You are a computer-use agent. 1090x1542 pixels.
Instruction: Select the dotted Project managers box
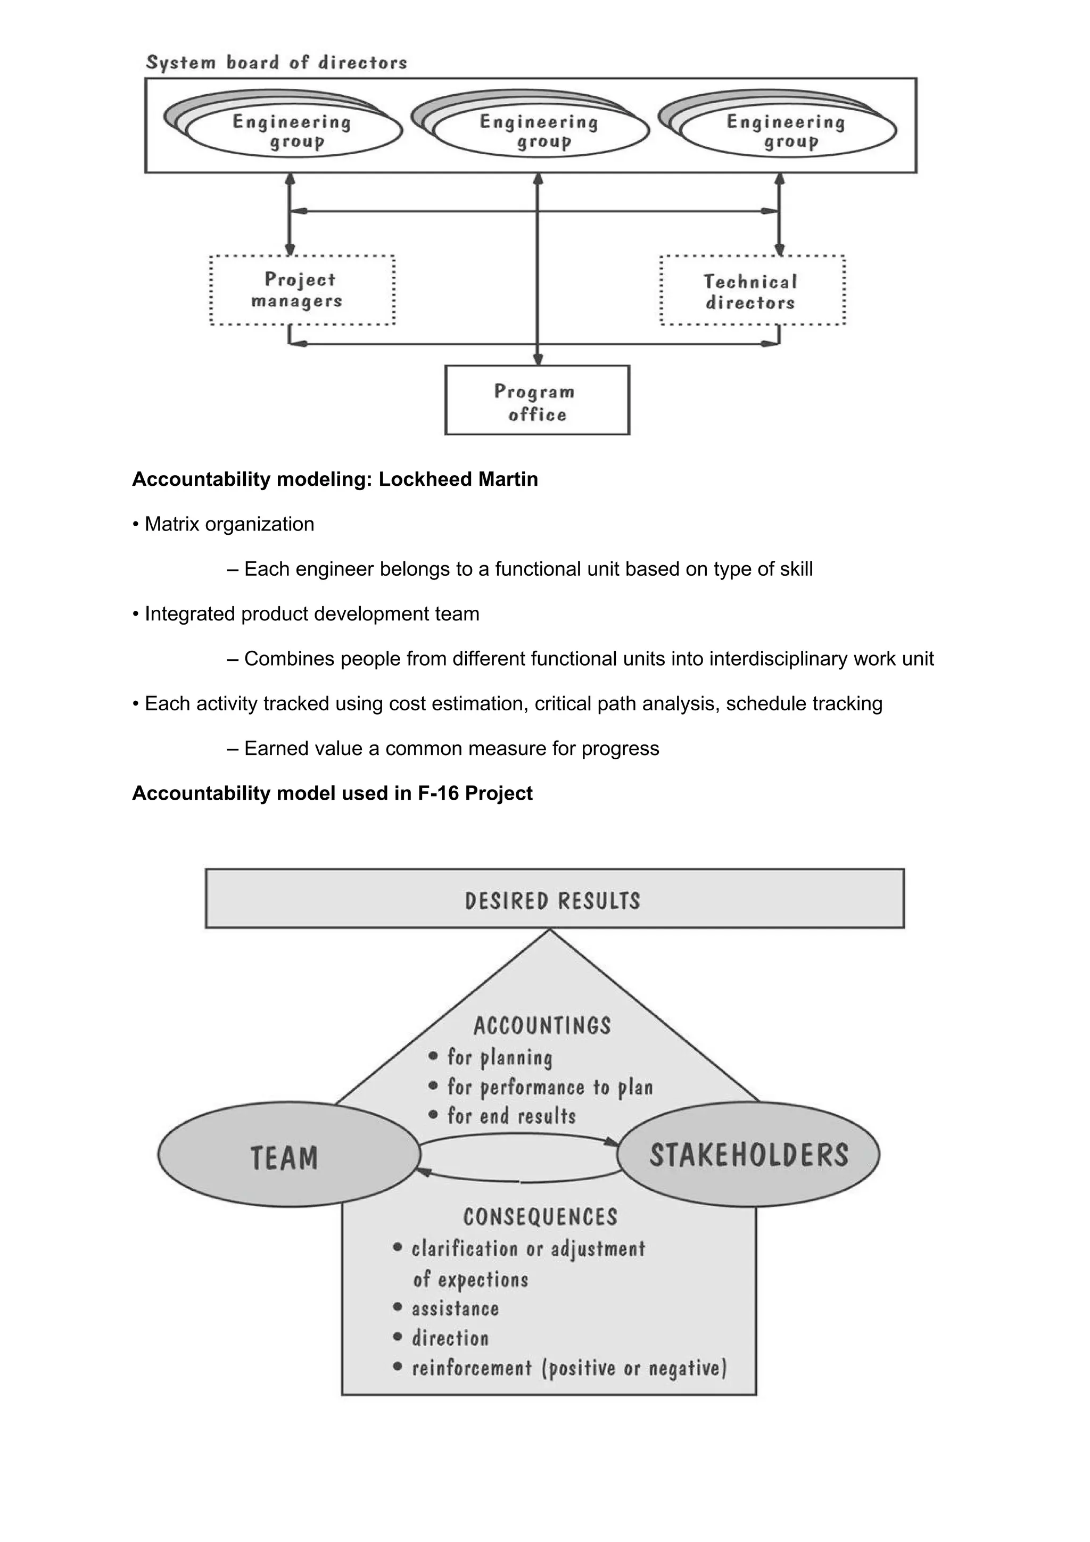tap(302, 290)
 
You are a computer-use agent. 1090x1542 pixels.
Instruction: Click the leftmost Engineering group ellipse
tap(293, 131)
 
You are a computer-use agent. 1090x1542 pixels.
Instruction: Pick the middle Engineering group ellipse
tap(541, 131)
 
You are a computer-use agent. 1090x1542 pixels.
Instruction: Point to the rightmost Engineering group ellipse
tap(787, 131)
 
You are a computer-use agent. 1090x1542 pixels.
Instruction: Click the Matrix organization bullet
tap(229, 524)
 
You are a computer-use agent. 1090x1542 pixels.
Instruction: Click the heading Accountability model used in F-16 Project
tap(332, 793)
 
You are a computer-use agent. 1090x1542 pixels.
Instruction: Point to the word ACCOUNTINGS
tap(542, 1025)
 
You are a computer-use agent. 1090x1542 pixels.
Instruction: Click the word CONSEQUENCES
tap(540, 1217)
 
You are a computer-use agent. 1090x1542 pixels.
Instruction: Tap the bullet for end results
tap(511, 1116)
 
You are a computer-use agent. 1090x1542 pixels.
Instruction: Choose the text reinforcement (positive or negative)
tap(569, 1368)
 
